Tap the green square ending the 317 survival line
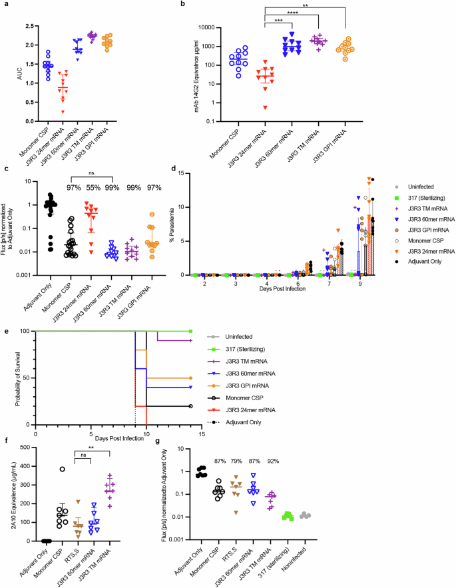pyautogui.click(x=191, y=331)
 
